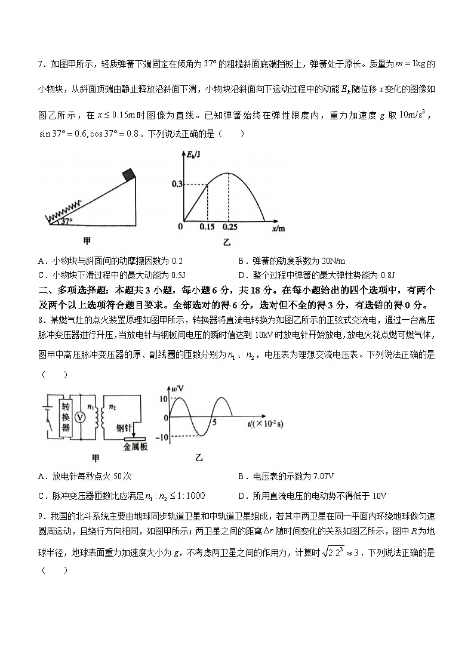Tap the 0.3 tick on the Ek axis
point(176,185)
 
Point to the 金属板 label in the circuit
point(136,445)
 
